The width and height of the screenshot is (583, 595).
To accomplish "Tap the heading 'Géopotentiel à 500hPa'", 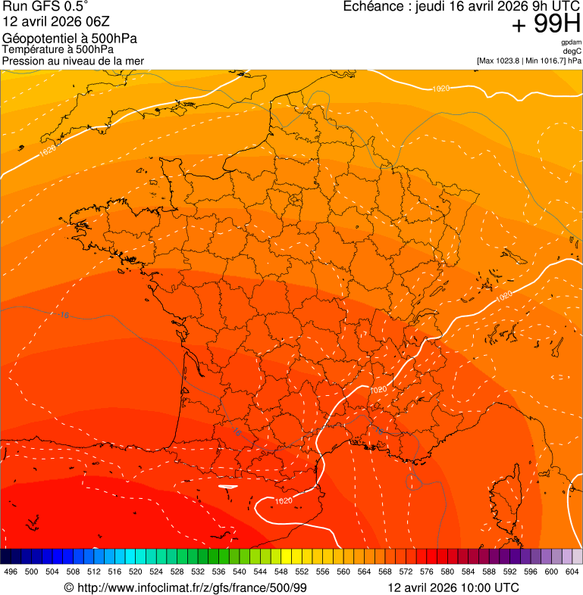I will click(70, 39).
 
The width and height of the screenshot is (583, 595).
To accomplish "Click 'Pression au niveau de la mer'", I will click(73, 61).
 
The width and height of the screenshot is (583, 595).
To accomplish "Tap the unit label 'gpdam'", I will click(571, 42).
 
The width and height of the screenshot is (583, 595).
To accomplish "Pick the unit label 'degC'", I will click(572, 51).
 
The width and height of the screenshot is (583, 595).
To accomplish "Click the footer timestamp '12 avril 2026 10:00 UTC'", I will click(453, 587).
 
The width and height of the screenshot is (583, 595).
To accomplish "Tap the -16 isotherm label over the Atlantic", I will click(64, 314).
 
